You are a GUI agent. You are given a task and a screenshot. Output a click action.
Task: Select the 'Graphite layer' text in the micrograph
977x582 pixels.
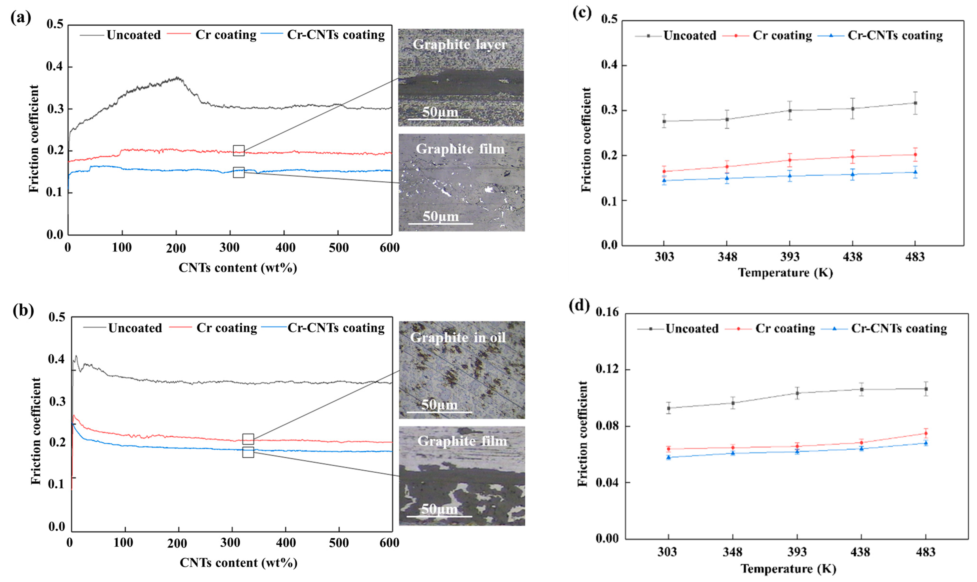tap(460, 44)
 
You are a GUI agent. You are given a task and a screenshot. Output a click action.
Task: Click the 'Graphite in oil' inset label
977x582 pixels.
tap(458, 338)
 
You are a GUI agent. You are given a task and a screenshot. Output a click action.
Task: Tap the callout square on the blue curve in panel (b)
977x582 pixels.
tap(248, 452)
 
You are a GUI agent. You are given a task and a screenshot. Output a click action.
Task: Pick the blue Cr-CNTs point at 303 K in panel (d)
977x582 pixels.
tap(669, 457)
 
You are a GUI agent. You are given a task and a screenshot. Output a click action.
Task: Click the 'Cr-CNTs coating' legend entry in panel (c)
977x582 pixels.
tap(895, 36)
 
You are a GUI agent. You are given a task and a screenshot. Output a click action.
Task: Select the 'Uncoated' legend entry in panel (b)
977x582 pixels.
tap(135, 328)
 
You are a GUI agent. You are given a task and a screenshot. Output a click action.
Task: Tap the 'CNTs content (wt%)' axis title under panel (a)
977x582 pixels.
tap(238, 268)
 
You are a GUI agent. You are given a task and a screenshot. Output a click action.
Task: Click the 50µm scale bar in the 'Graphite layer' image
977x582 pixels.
tap(440, 118)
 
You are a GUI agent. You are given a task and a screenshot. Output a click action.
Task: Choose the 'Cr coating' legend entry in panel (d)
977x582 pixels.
tap(785, 328)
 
